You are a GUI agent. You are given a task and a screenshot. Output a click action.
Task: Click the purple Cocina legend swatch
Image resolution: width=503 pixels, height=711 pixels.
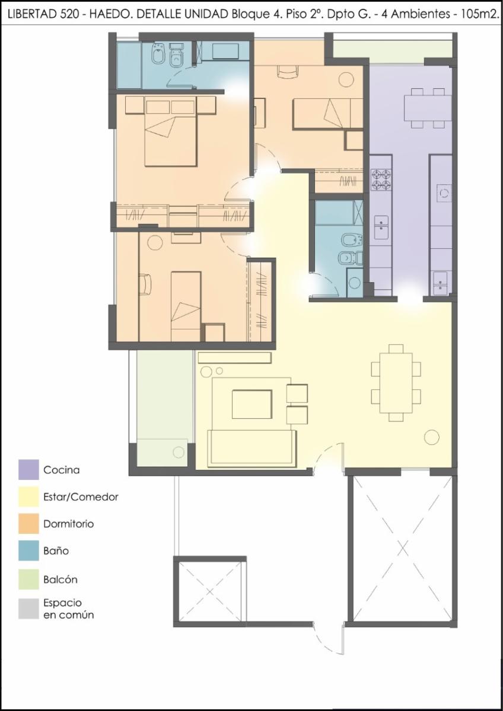(x=28, y=469)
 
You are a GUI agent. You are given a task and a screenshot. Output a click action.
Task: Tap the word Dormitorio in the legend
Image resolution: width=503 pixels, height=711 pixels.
(x=69, y=524)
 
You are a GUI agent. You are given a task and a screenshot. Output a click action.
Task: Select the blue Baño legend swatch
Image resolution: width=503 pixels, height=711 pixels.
(x=28, y=550)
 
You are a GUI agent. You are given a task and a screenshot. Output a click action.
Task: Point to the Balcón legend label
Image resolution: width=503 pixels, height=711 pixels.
(x=61, y=579)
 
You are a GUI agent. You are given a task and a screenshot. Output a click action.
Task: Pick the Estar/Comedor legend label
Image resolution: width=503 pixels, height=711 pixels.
(x=81, y=497)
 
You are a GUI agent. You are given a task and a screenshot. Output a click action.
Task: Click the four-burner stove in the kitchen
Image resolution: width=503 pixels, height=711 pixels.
(x=381, y=180)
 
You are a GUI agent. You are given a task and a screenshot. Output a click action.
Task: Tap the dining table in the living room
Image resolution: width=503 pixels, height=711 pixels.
(x=396, y=383)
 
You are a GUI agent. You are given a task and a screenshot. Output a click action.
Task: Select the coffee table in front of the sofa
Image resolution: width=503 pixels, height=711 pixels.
(x=252, y=404)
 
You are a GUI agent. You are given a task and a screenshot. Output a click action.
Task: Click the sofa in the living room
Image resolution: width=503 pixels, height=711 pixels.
(x=251, y=449)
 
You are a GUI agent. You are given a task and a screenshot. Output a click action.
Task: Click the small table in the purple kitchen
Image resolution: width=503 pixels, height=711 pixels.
(x=428, y=108)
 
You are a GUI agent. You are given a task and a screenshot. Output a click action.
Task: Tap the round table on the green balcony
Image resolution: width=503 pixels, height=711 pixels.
(x=179, y=452)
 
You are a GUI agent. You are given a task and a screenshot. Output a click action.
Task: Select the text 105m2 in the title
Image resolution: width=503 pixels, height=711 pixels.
(x=480, y=15)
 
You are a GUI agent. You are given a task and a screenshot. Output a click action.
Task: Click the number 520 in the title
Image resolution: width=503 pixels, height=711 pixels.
(x=69, y=15)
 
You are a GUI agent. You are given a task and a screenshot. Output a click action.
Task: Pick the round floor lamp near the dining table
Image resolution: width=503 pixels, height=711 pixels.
(x=431, y=437)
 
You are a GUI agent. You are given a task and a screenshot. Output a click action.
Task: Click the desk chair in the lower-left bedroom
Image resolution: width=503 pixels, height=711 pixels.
(x=145, y=284)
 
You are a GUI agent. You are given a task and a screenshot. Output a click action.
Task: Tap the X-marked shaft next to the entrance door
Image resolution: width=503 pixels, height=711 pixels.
(x=403, y=548)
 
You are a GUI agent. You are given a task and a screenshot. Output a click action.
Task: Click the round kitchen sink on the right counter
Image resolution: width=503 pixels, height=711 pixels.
(x=444, y=193)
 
